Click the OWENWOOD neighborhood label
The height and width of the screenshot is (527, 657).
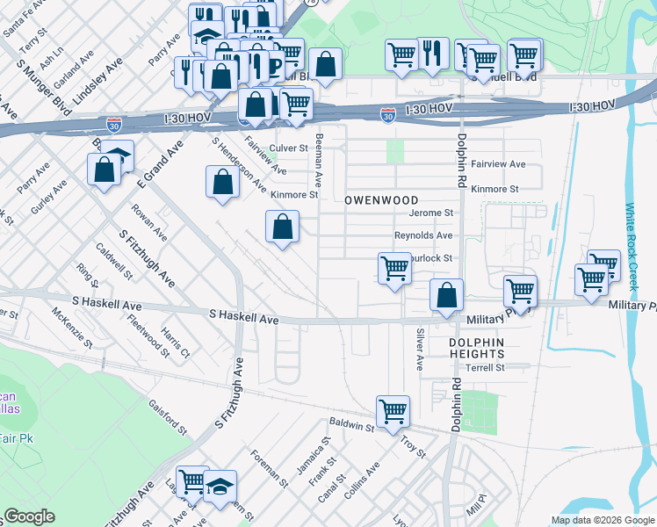[x=378, y=200]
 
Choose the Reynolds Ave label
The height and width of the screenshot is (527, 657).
[x=422, y=235]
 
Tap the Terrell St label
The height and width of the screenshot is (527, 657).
[x=485, y=368]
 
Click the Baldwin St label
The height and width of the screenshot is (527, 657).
[x=352, y=425]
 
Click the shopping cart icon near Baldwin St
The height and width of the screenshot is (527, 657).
[x=393, y=410]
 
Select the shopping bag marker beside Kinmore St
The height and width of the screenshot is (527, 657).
[x=223, y=182]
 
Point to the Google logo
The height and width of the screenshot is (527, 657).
[x=29, y=517]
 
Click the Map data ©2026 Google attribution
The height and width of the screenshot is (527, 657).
[x=602, y=520]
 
